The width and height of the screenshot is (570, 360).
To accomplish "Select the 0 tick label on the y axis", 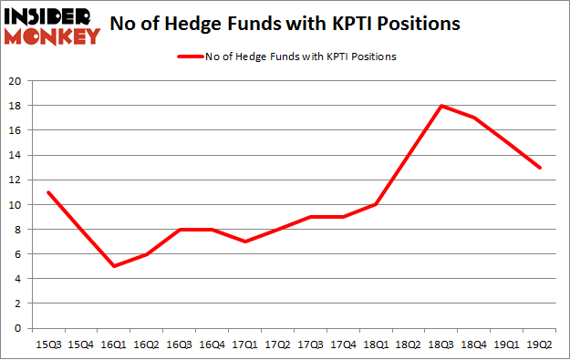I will (18, 328).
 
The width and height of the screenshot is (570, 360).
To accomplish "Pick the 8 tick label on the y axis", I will (18, 230).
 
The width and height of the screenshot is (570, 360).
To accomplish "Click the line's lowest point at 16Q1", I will (114, 266).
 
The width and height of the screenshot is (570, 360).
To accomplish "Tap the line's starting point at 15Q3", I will (48, 192).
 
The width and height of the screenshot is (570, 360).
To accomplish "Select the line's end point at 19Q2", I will (541, 168).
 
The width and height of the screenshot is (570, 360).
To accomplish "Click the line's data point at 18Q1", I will (377, 204).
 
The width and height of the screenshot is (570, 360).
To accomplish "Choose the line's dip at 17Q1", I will (245, 242).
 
